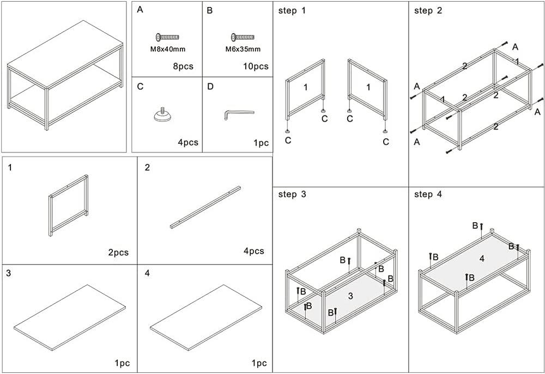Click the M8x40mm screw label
coord(168,49)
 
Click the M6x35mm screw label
coord(243,49)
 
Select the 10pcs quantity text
coord(255,67)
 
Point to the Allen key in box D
coord(239,114)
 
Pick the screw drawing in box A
coord(167,37)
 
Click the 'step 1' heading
coord(292,10)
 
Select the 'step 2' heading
coord(428,10)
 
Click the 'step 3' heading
coord(292,194)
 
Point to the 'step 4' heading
coord(428,194)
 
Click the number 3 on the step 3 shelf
coord(350,296)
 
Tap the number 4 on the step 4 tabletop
coord(482,259)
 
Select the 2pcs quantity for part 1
coord(118,253)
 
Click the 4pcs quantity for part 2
coord(253,251)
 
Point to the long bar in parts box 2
coord(205,207)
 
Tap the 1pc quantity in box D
coord(261,143)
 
